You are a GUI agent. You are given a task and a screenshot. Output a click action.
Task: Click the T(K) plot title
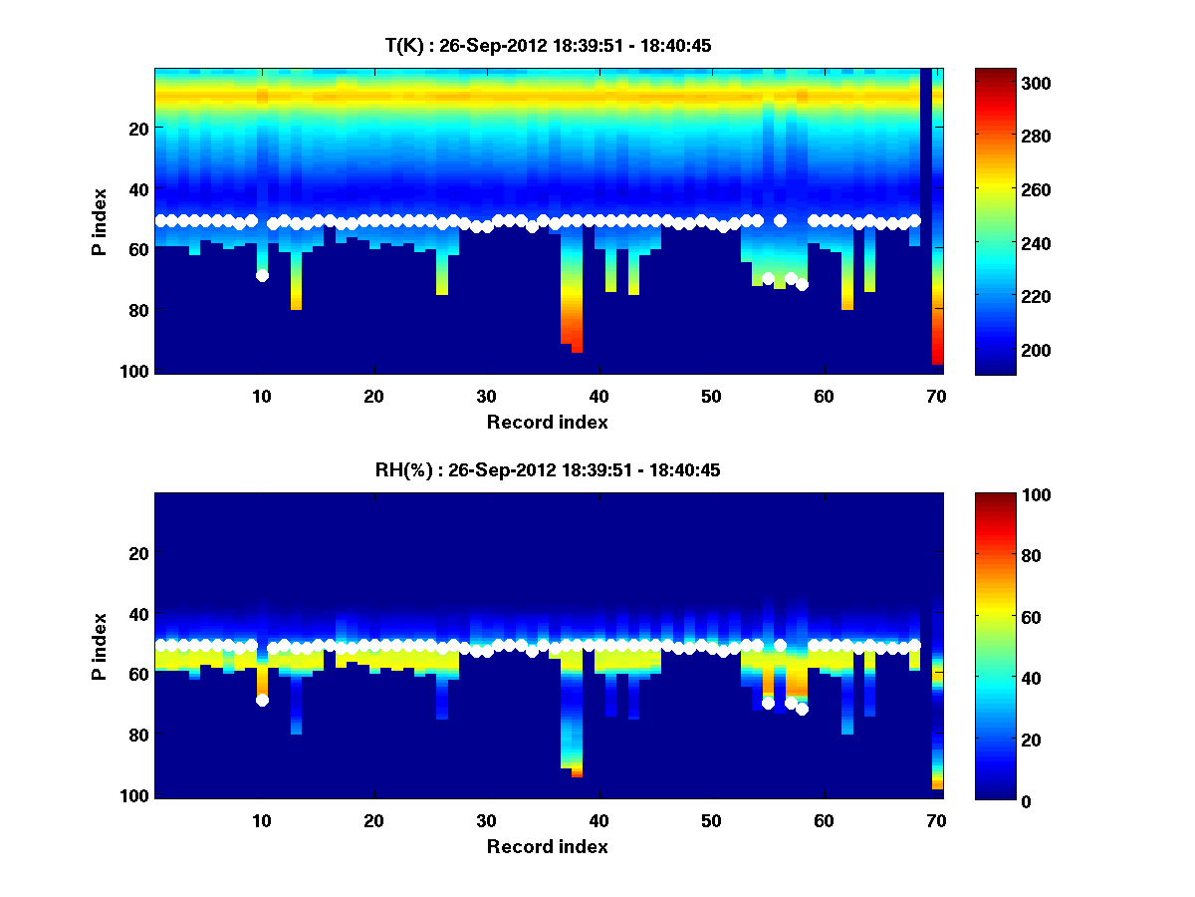click(x=548, y=45)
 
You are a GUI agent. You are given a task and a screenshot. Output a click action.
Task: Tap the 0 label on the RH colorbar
click(x=994, y=800)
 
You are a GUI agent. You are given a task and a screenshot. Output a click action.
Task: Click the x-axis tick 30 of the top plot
click(x=486, y=396)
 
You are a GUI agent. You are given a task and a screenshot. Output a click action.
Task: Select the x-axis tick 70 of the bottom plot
click(x=935, y=821)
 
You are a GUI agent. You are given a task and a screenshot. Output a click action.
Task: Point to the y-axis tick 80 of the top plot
click(x=136, y=310)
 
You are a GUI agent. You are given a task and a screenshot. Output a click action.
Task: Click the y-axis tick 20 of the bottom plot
click(x=136, y=553)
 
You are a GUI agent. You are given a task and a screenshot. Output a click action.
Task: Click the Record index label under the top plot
click(x=547, y=422)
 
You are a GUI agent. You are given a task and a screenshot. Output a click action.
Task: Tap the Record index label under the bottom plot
click(x=547, y=847)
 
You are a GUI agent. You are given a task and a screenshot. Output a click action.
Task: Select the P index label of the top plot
click(x=100, y=220)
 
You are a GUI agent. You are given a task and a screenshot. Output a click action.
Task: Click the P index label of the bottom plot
click(x=100, y=646)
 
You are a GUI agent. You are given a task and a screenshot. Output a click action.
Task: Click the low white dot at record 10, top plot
click(x=262, y=275)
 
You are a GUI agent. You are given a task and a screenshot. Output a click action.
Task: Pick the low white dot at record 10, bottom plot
click(x=262, y=700)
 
